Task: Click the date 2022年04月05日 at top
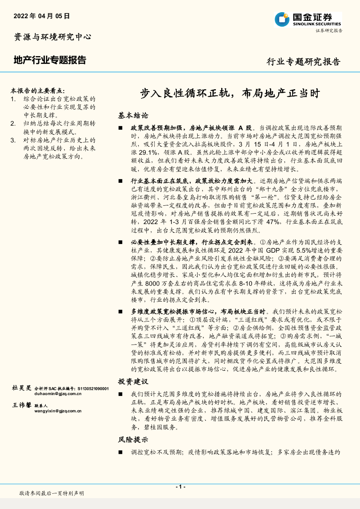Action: tap(42, 16)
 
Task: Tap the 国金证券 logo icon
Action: tap(282, 19)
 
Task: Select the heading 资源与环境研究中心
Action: tap(53, 37)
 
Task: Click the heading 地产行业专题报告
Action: tap(50, 60)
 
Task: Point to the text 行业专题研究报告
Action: tap(303, 61)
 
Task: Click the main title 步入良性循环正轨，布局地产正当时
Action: tap(230, 94)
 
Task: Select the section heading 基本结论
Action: tap(133, 116)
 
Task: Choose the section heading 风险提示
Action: tap(133, 440)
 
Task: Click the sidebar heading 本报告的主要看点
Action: tap(38, 91)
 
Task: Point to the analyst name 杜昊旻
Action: tap(22, 388)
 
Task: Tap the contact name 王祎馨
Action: tap(22, 405)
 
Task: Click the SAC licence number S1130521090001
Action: tap(93, 388)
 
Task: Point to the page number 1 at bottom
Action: tap(180, 487)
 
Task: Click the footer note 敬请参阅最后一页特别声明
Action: tap(52, 493)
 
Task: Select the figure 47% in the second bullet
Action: tap(272, 222)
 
